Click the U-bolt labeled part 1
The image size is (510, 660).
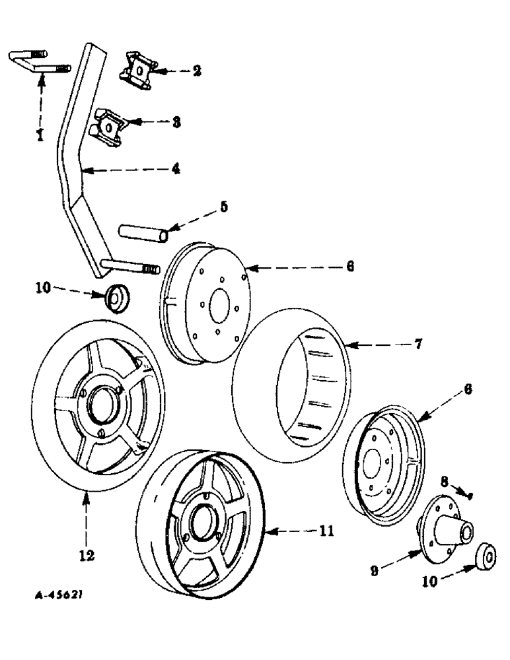(x=36, y=60)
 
